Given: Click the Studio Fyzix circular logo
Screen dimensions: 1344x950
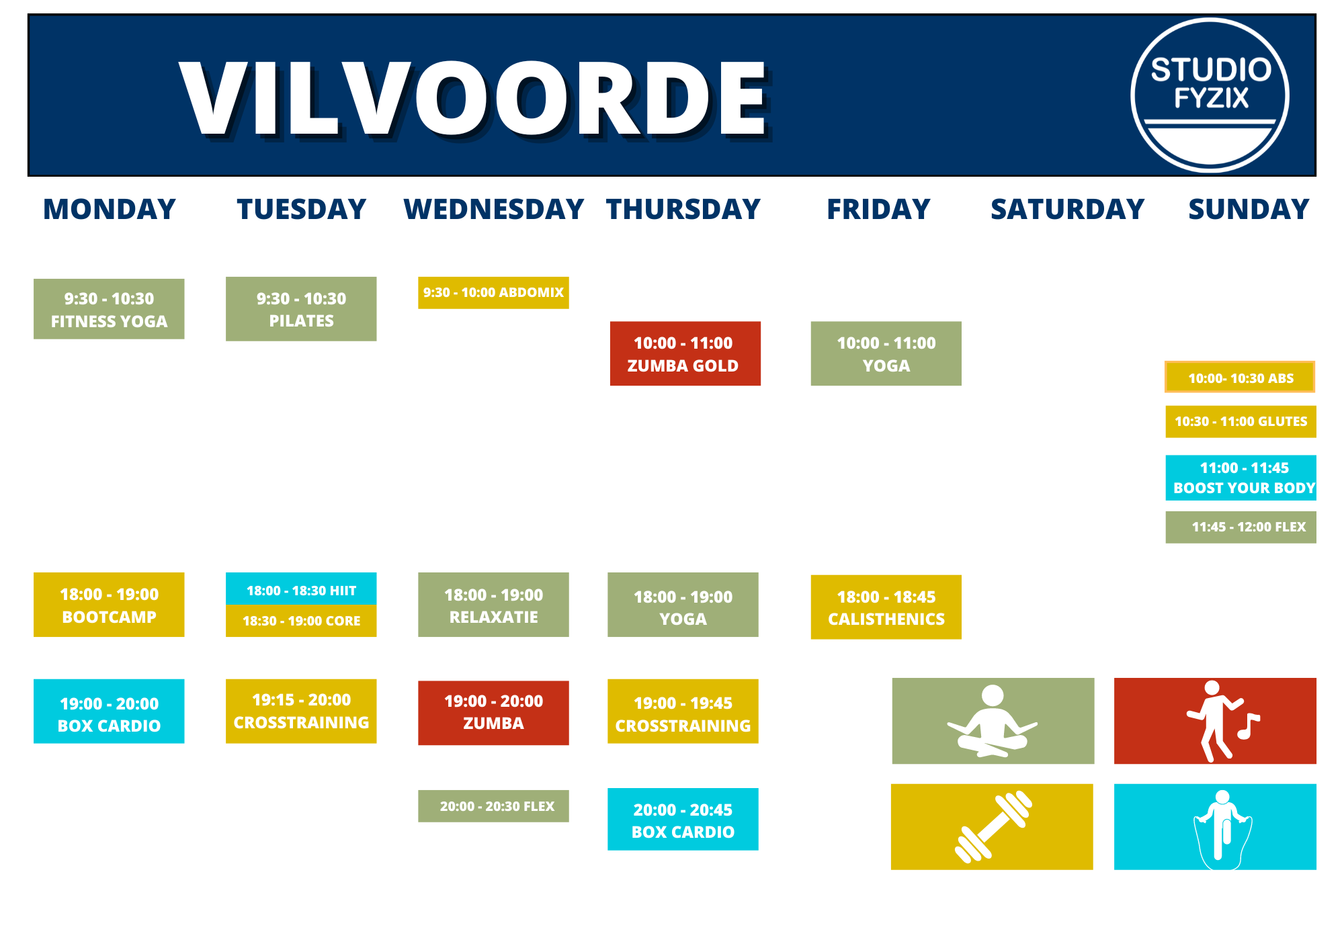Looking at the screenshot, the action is (x=1210, y=95).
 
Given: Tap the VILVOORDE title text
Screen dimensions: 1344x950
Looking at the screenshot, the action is (x=474, y=98).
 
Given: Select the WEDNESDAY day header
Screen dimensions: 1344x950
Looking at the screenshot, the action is (x=494, y=209).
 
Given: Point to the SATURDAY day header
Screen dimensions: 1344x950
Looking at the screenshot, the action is (x=1067, y=209).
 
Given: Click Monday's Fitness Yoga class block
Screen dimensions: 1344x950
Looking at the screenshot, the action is (x=109, y=309).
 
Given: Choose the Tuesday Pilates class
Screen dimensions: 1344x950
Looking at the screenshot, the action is (x=301, y=309).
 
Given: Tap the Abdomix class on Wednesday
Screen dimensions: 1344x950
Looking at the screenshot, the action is (x=493, y=293).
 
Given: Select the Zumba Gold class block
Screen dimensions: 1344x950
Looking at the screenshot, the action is (x=685, y=353).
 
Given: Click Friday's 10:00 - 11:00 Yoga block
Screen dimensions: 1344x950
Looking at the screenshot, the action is (x=886, y=353).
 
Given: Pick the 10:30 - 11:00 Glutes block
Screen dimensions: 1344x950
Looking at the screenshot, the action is (x=1241, y=421).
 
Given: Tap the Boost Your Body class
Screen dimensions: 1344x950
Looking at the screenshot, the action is (x=1241, y=478).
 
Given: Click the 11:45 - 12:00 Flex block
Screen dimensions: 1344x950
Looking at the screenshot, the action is (x=1241, y=527).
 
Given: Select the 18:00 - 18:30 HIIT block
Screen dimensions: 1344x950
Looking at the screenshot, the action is (x=301, y=589).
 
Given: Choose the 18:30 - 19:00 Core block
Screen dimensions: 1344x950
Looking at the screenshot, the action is (x=301, y=621).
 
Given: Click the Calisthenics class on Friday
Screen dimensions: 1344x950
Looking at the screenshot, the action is (x=886, y=607).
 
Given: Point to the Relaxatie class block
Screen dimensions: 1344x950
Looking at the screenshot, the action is (x=493, y=605).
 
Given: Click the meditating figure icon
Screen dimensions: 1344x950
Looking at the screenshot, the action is (x=993, y=721).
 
